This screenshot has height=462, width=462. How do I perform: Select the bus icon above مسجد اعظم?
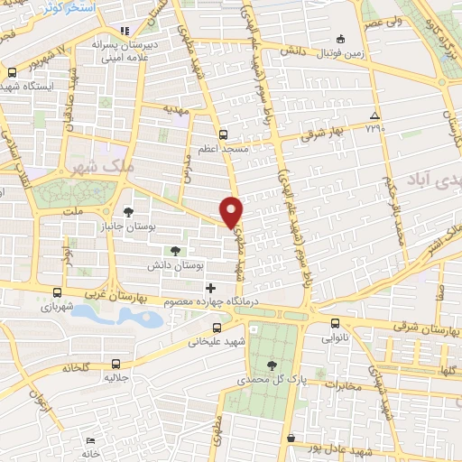pyautogui.click(x=223, y=131)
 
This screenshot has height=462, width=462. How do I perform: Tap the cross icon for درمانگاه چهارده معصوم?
pyautogui.click(x=210, y=287)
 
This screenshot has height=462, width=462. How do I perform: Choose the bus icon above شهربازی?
pyautogui.click(x=59, y=293)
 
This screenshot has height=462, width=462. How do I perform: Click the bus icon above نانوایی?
pyautogui.click(x=336, y=323)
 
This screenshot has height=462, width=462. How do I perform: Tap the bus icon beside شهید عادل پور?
pyautogui.click(x=291, y=439)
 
